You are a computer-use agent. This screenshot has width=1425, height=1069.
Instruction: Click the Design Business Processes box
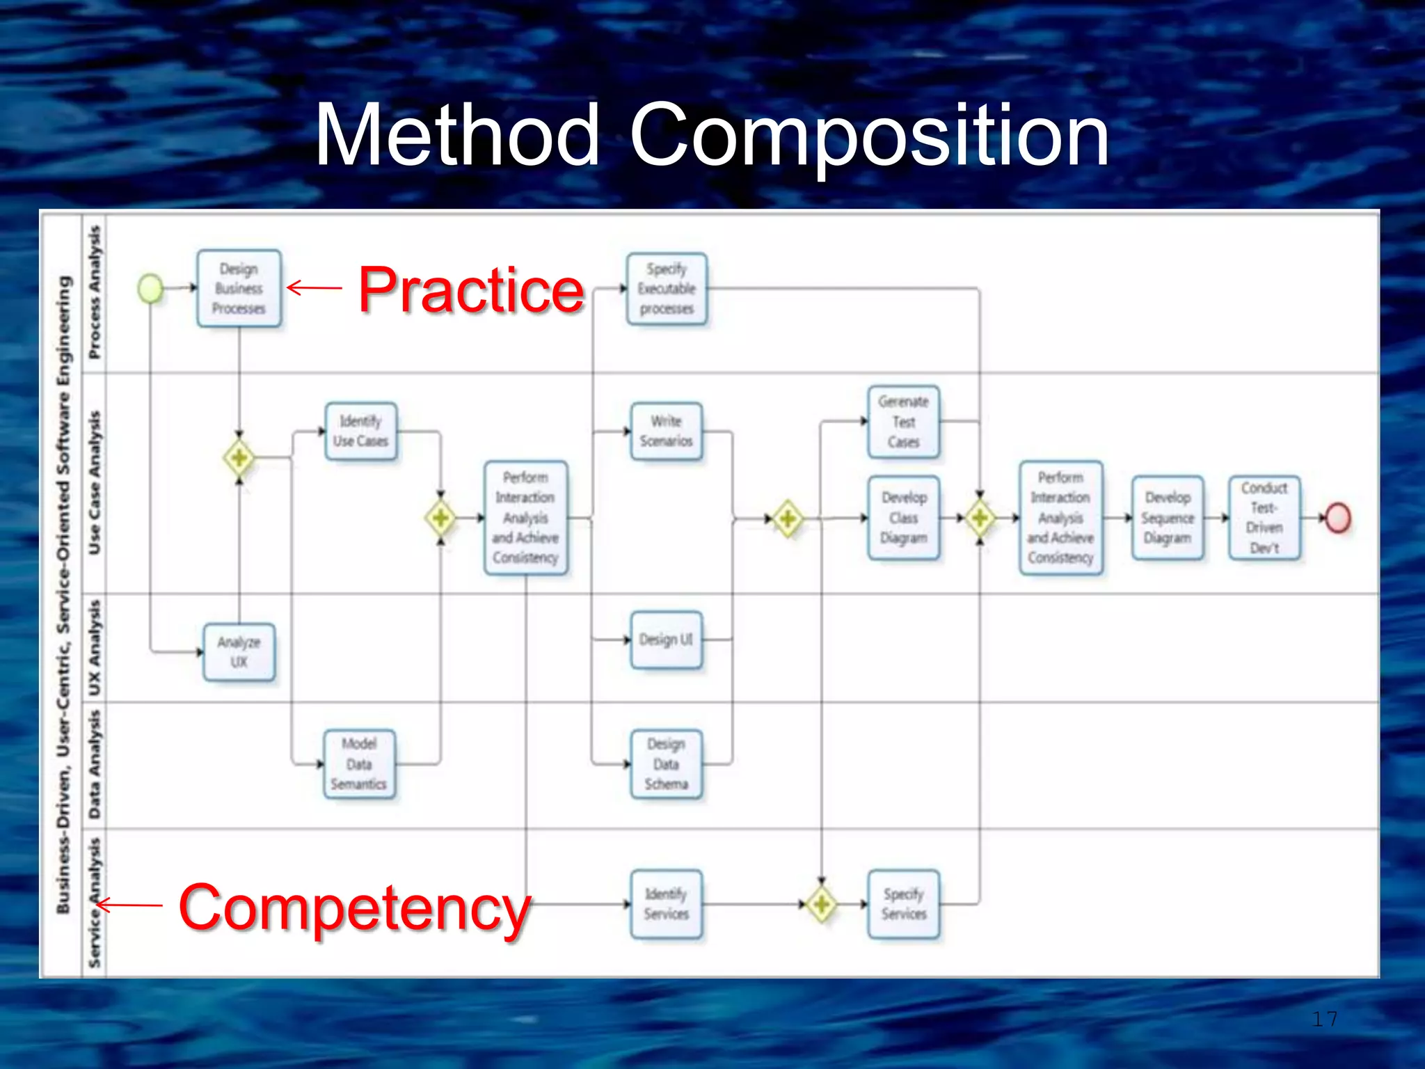coord(239,288)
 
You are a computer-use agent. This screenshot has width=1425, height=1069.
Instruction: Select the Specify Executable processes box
coord(667,288)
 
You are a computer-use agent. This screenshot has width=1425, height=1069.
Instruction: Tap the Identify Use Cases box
coord(360,431)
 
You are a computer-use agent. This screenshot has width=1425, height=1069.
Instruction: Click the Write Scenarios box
coord(666,431)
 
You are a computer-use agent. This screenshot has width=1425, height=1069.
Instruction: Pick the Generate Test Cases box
coord(903,422)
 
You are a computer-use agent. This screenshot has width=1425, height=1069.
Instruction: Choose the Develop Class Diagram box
coord(903,518)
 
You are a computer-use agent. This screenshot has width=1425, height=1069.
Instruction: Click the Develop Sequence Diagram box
coord(1168,518)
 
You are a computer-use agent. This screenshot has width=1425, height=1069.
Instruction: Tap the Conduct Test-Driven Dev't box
coord(1264,518)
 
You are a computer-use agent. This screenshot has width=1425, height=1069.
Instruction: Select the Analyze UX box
coord(239,652)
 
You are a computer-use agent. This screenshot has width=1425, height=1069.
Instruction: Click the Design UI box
coord(666,640)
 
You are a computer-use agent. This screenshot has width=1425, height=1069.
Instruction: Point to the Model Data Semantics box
coord(359,764)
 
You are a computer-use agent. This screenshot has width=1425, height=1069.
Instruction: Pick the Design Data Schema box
coord(666,764)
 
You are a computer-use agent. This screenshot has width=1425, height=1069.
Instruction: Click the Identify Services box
coord(666,904)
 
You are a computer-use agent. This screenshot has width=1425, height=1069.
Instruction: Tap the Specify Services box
coord(903,904)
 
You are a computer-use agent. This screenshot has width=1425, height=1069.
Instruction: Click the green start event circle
coord(150,288)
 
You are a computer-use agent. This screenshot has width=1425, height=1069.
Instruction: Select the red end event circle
coord(1337,518)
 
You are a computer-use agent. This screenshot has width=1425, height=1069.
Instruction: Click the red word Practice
coord(471,290)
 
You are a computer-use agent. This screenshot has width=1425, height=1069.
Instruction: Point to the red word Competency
coord(354,908)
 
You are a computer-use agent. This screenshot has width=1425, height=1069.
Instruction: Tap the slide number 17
coord(1324,1020)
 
